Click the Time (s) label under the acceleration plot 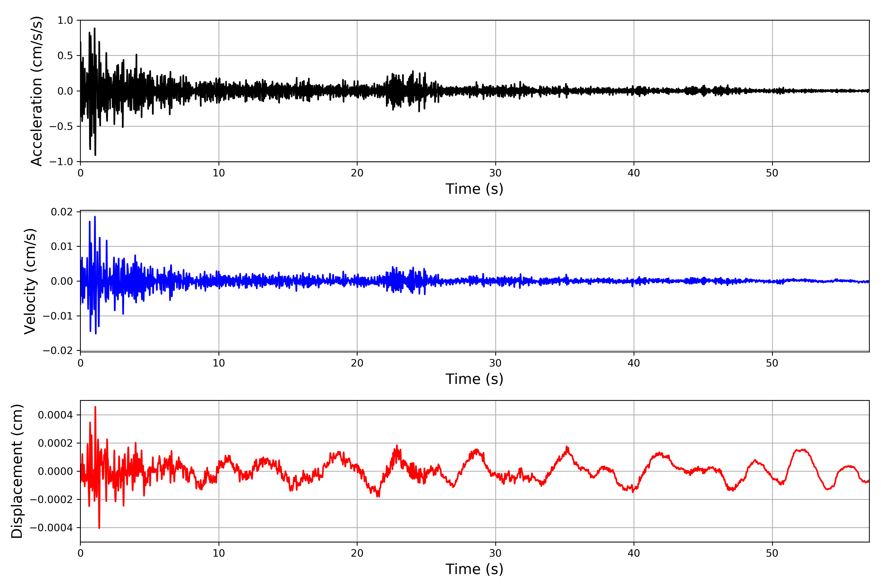(474, 189)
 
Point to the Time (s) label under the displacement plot (474, 569)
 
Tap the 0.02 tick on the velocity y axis (62, 212)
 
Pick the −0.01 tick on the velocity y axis (58, 316)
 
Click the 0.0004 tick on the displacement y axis (56, 415)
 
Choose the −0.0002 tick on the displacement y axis (51, 500)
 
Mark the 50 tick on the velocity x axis (772, 363)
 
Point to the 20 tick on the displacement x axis (357, 553)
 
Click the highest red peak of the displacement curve (95, 407)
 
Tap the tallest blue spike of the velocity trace (95, 217)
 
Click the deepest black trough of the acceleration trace (95, 155)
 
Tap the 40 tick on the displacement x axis (634, 553)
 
